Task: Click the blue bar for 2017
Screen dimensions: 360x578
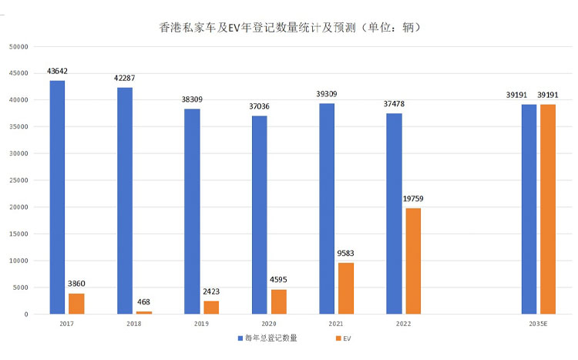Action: pyautogui.click(x=57, y=197)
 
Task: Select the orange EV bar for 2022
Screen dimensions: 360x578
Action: pyautogui.click(x=412, y=261)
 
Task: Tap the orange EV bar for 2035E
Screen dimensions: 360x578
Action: pyautogui.click(x=546, y=209)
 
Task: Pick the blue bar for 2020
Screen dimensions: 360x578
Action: pyautogui.click(x=260, y=215)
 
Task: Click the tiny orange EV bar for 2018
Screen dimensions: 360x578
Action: pyautogui.click(x=144, y=312)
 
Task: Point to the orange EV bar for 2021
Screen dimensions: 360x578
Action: pyautogui.click(x=345, y=288)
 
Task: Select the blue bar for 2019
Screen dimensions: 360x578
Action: pyautogui.click(x=192, y=211)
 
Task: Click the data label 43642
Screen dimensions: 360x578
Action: pyautogui.click(x=57, y=72)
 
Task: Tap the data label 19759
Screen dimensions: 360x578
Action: pyautogui.click(x=412, y=199)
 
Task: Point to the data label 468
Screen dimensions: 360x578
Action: pyautogui.click(x=144, y=302)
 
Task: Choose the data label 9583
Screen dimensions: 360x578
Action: pyautogui.click(x=345, y=253)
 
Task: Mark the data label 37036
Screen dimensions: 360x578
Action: pyautogui.click(x=260, y=106)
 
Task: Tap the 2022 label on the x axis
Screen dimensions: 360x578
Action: pyautogui.click(x=402, y=324)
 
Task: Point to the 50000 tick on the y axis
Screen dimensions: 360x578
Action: pyautogui.click(x=18, y=46)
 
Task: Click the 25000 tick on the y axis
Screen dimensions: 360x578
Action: pyautogui.click(x=18, y=180)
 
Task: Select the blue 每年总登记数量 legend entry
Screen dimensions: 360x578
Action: pyautogui.click(x=269, y=338)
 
